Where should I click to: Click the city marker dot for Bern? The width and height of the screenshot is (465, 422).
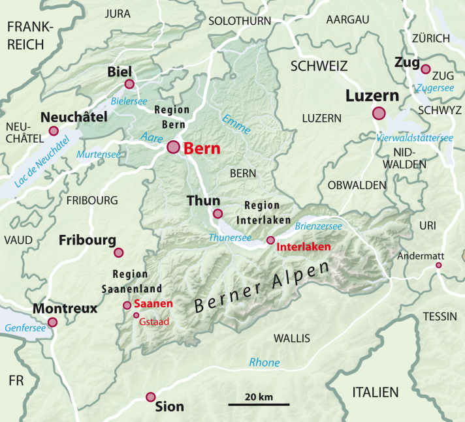click(x=173, y=147)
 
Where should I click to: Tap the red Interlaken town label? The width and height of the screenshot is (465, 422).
click(x=304, y=247)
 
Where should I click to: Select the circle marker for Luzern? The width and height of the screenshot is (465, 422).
click(x=379, y=113)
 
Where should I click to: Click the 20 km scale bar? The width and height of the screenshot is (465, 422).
click(x=259, y=404)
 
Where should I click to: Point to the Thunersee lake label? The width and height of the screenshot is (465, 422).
click(x=230, y=237)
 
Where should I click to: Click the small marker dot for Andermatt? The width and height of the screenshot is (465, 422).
click(x=439, y=265)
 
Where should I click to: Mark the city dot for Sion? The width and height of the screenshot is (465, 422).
click(x=151, y=397)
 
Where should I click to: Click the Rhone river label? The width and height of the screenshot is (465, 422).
click(x=264, y=363)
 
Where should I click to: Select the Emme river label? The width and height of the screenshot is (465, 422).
click(x=236, y=124)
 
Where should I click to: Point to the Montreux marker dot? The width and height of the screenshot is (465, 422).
click(x=52, y=322)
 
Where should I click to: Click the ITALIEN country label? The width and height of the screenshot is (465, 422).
click(x=375, y=392)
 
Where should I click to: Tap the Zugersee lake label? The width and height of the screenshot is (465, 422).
click(x=434, y=87)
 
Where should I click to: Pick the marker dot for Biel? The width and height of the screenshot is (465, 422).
click(x=129, y=83)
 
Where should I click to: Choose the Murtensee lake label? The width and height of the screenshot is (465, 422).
click(x=99, y=154)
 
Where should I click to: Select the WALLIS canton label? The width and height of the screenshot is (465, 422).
click(x=291, y=338)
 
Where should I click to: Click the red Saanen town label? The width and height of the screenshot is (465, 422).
click(x=153, y=304)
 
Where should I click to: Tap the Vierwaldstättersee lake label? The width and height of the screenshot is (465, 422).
click(x=415, y=138)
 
